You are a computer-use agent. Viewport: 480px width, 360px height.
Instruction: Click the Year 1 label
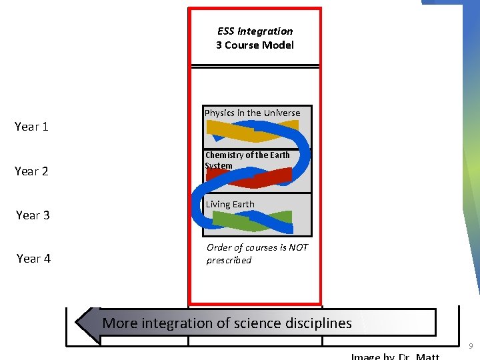31,127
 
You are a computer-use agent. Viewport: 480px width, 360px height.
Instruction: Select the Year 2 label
31,171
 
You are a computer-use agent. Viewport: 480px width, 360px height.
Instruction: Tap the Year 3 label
33,215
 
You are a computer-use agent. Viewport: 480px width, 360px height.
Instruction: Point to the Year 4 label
33,259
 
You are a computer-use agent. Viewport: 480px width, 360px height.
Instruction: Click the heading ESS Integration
255,31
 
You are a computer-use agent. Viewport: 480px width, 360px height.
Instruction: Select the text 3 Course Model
255,45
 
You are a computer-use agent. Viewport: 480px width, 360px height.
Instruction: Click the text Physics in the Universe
252,113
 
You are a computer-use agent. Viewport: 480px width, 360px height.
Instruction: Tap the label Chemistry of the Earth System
247,160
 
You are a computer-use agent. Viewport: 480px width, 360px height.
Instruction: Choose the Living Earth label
230,204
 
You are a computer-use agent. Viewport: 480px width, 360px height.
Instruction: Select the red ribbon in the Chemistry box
250,177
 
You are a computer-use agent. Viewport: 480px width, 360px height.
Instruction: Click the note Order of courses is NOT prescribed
257,253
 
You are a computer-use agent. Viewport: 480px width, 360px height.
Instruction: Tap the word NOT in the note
297,247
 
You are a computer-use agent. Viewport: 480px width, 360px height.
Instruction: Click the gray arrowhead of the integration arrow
87,323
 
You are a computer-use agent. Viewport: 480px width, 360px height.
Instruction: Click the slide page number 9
471,346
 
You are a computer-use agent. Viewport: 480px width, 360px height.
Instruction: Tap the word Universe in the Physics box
282,113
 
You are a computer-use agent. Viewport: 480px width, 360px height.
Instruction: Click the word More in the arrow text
120,323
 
